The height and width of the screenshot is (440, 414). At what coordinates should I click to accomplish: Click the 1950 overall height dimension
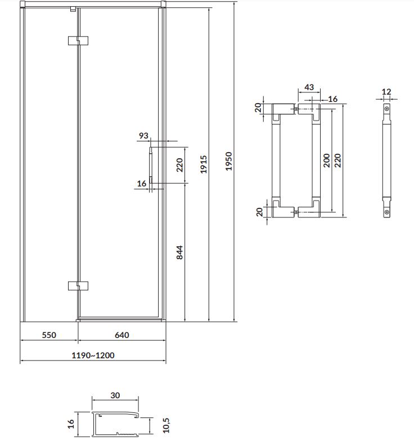(x=229, y=161)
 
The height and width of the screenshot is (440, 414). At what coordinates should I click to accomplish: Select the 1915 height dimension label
(x=204, y=164)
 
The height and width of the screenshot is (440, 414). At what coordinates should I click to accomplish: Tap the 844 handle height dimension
(x=179, y=252)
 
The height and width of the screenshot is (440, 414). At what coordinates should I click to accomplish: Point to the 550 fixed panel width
(x=49, y=335)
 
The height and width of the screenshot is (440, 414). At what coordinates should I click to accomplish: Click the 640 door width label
(x=122, y=335)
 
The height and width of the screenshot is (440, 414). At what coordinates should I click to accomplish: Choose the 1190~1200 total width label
(x=93, y=355)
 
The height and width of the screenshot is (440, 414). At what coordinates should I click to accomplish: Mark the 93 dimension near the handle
(x=143, y=136)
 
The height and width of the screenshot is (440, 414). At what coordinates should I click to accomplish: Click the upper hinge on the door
(x=78, y=41)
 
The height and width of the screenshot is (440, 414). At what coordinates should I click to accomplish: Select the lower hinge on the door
(x=78, y=286)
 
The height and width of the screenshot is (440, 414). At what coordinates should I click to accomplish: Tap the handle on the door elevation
(x=151, y=165)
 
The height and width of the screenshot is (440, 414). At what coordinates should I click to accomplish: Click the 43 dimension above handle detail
(x=309, y=87)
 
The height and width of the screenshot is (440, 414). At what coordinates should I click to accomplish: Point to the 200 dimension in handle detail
(x=327, y=160)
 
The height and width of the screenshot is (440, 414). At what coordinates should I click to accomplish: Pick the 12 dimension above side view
(x=386, y=91)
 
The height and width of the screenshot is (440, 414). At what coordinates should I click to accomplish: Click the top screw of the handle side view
(x=387, y=109)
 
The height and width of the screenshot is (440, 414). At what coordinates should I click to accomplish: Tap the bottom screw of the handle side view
(x=387, y=212)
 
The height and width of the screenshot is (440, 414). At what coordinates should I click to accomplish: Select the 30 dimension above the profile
(x=115, y=395)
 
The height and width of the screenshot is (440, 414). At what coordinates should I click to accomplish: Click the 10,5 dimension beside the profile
(x=166, y=425)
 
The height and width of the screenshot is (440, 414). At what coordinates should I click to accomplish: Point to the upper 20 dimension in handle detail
(x=258, y=108)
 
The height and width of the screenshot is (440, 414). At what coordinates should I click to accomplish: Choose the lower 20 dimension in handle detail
(x=260, y=212)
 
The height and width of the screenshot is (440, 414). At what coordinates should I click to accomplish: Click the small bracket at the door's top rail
(x=73, y=9)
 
